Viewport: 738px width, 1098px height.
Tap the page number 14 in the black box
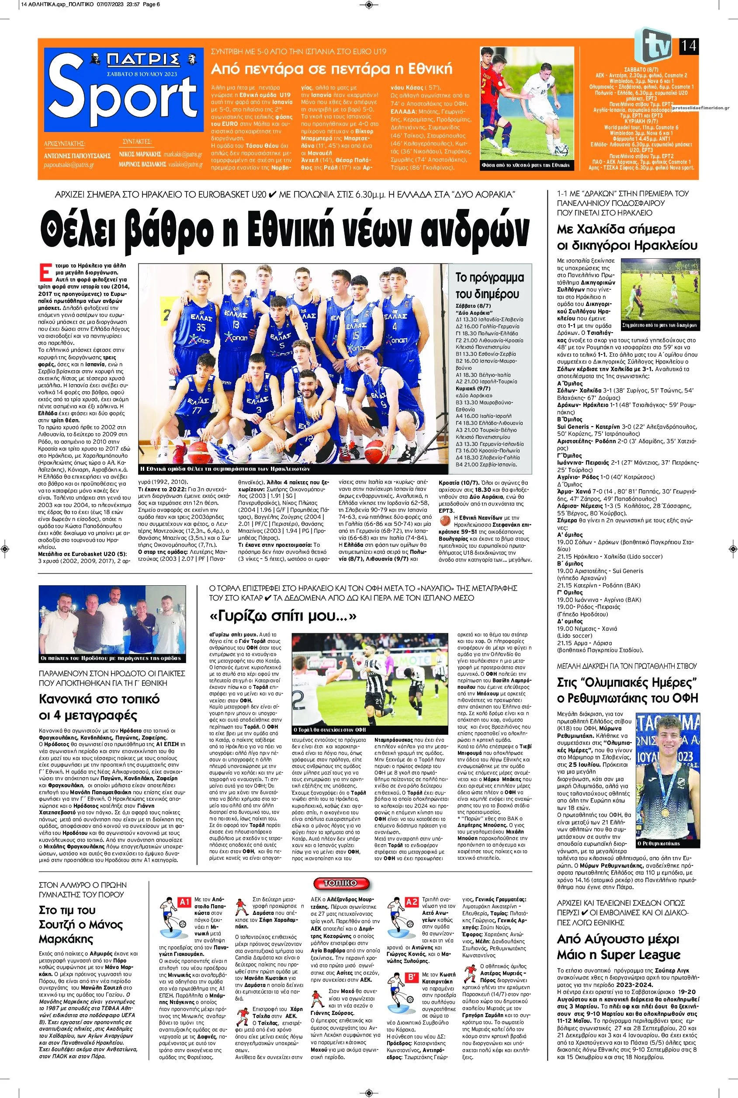click(x=688, y=46)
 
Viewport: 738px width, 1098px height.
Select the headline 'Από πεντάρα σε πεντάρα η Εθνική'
click(x=332, y=69)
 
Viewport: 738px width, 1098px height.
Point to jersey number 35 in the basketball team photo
click(x=201, y=327)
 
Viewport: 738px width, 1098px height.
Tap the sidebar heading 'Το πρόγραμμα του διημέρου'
click(x=489, y=285)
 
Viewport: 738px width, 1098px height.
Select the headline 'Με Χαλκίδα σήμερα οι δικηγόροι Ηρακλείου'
click(x=627, y=237)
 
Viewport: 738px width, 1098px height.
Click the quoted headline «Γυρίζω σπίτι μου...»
click(x=282, y=616)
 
